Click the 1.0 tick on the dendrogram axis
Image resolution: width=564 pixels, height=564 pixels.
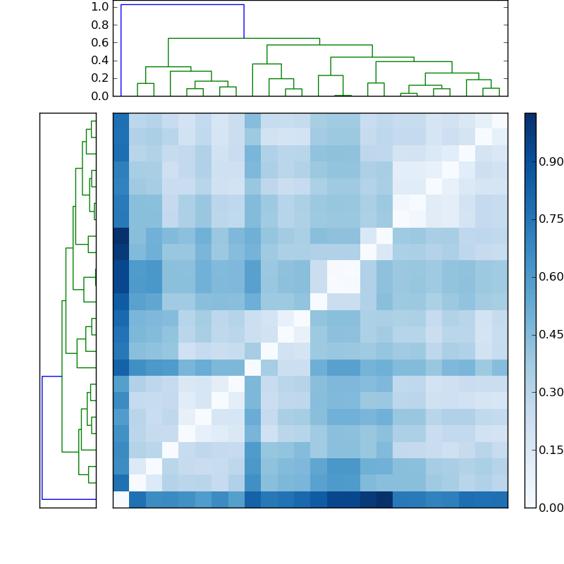pos(99,7)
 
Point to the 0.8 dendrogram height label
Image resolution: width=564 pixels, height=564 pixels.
pos(99,25)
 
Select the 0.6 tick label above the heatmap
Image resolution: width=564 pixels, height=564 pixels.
pos(99,42)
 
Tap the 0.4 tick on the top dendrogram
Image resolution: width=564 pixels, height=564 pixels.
pos(99,60)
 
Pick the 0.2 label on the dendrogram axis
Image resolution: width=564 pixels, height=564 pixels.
pos(99,78)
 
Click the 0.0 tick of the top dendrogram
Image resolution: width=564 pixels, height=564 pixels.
pos(99,96)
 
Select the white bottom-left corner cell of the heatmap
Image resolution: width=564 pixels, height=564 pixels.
pos(121,500)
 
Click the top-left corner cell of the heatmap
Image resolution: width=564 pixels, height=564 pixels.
pos(121,121)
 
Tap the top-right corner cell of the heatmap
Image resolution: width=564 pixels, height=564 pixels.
pos(499,121)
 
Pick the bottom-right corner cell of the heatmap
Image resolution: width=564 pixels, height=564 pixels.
pos(499,500)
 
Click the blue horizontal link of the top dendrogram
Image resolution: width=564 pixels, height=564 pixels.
pos(182,5)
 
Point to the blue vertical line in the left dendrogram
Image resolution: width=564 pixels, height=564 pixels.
pos(42,437)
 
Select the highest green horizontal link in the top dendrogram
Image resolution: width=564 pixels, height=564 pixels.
pos(243,38)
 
